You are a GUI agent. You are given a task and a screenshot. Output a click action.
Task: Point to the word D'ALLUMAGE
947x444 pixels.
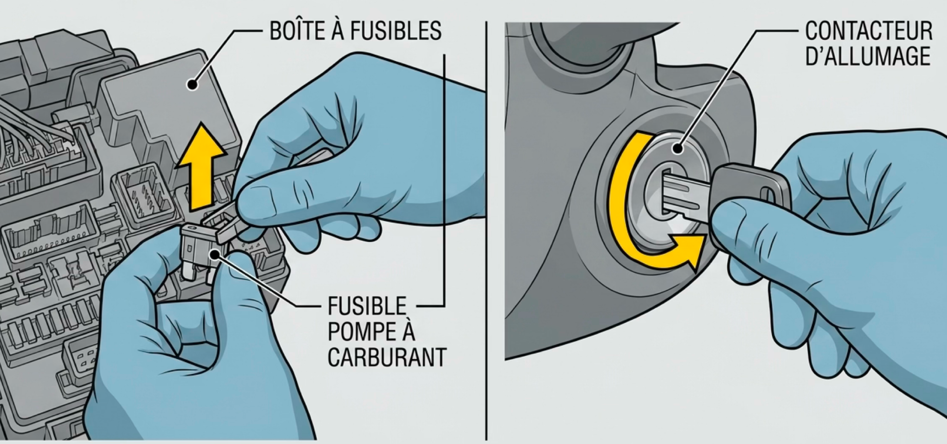pyautogui.click(x=867, y=56)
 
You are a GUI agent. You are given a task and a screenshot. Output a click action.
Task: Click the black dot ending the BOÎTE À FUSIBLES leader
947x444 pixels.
pyautogui.click(x=192, y=85)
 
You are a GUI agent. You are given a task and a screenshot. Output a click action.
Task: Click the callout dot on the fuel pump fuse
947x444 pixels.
pyautogui.click(x=214, y=254)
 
